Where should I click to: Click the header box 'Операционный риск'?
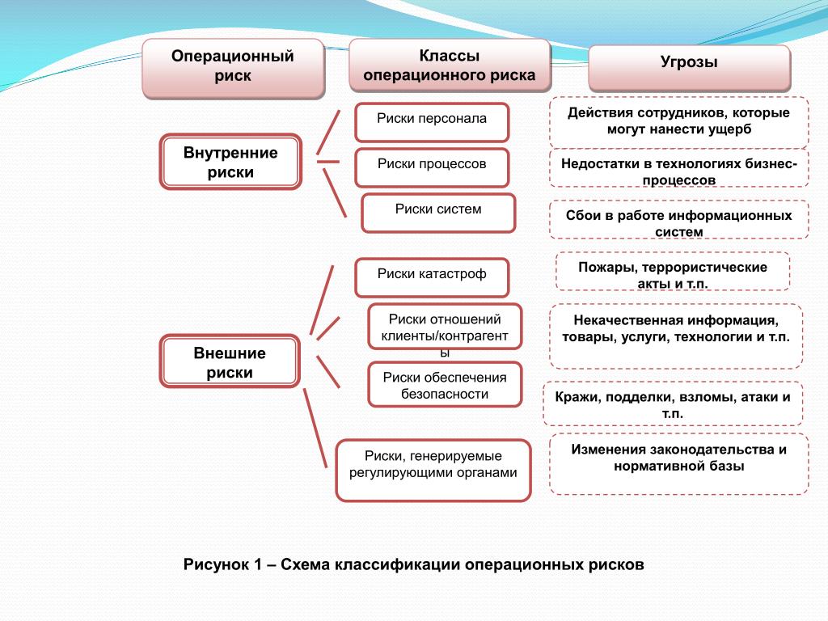pyautogui.click(x=233, y=68)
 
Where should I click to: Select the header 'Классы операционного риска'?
pyautogui.click(x=450, y=65)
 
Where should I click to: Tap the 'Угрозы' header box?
pyautogui.click(x=689, y=68)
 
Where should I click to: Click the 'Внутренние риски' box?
pyautogui.click(x=230, y=162)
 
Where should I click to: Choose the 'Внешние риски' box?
pyautogui.click(x=230, y=361)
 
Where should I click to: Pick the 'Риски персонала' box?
pyautogui.click(x=432, y=123)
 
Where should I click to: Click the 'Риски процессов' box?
pyautogui.click(x=432, y=168)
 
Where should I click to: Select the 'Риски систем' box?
pyautogui.click(x=438, y=213)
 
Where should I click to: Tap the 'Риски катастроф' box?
pyautogui.click(x=432, y=278)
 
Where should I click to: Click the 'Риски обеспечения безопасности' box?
pyautogui.click(x=445, y=384)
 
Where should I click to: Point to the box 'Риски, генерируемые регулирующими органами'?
pyautogui.click(x=433, y=471)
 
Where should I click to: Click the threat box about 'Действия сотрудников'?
pyautogui.click(x=679, y=122)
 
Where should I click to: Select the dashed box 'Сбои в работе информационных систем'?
pyautogui.click(x=679, y=219)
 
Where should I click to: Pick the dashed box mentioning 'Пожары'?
pyautogui.click(x=673, y=272)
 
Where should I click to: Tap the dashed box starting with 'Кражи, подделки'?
pyautogui.click(x=673, y=403)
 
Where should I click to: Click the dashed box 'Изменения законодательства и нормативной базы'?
pyautogui.click(x=679, y=464)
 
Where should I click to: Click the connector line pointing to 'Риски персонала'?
pyautogui.click(x=328, y=133)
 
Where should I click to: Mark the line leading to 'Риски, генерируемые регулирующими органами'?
pyautogui.click(x=315, y=428)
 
